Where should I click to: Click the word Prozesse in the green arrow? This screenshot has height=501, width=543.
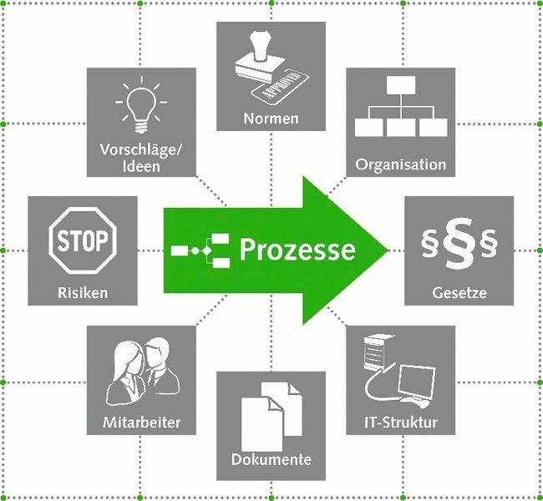(297, 249)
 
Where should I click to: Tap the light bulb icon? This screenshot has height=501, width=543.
(140, 106)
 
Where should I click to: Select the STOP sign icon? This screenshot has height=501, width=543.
(83, 241)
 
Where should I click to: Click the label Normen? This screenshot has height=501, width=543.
(271, 119)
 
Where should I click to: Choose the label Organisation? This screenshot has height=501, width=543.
(401, 164)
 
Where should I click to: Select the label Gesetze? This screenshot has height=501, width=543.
(459, 293)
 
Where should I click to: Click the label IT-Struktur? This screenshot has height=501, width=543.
(401, 422)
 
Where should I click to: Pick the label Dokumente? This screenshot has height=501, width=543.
(271, 459)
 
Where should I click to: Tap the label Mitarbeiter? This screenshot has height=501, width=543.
(141, 422)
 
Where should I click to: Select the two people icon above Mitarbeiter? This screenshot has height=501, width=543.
(142, 372)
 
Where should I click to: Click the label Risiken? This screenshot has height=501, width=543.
(83, 293)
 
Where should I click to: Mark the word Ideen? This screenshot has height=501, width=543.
(140, 166)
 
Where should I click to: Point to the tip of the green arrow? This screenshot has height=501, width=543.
(387, 249)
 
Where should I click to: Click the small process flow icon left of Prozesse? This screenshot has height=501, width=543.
(200, 250)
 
